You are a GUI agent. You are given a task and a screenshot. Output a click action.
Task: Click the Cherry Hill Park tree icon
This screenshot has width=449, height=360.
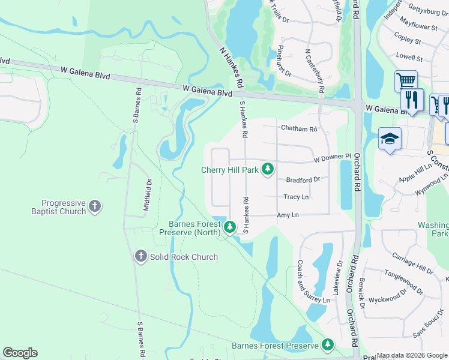coord(267,170)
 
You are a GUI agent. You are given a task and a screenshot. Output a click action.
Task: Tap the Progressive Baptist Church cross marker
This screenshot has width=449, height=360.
coord(94,207)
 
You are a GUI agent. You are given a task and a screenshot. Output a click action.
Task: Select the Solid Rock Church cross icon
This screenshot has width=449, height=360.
coord(140,256)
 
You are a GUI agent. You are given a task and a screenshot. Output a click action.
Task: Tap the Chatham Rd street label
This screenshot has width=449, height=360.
coord(298,128)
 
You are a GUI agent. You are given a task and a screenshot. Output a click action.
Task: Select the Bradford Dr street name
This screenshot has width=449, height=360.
coord(303,179)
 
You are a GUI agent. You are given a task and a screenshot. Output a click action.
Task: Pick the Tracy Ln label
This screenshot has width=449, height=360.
coord(296,197)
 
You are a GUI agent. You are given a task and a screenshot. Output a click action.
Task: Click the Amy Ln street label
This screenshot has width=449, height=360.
coord(288,215)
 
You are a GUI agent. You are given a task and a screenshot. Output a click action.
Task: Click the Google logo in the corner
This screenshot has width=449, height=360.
coord(20,353)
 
